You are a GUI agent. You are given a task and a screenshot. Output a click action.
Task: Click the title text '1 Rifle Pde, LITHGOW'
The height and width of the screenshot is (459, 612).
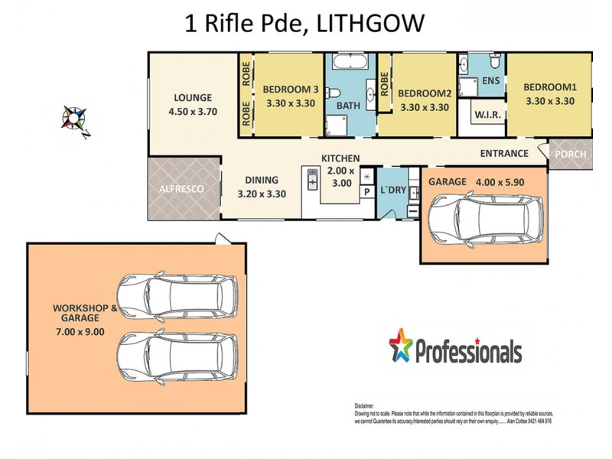tap(304, 23)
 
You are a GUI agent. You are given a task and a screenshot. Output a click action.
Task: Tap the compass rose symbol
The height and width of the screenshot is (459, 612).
tap(76, 119)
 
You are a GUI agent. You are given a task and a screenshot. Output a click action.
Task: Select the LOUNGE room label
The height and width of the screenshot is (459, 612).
tap(192, 97)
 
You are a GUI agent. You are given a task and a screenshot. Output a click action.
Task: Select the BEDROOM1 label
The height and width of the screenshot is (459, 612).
tap(549, 86)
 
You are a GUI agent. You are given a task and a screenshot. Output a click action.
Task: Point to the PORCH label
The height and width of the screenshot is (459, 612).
tap(571, 154)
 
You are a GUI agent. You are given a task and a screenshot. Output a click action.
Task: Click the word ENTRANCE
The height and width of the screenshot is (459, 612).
tap(504, 153)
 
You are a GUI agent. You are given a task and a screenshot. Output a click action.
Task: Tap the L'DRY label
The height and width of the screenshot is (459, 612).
tap(393, 189)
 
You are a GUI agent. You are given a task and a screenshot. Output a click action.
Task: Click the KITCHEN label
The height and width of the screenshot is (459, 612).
tap(340, 158)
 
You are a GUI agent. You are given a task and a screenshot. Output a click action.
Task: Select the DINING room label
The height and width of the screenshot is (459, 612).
tap(262, 181)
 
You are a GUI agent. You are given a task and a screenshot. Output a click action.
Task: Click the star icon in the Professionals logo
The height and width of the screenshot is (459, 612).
tap(401, 345)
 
